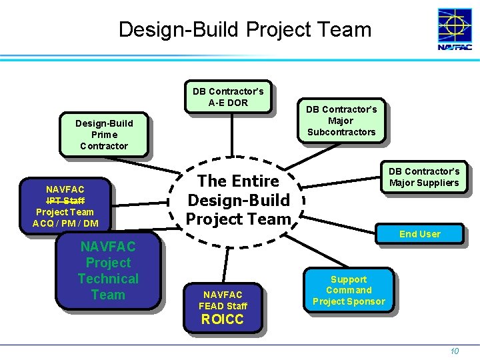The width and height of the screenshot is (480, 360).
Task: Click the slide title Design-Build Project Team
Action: coord(245,29)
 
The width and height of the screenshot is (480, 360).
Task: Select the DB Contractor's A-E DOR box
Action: coord(227,97)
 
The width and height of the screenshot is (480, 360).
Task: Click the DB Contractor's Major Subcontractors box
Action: coord(341,121)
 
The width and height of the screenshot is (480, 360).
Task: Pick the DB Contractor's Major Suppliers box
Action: coord(424,177)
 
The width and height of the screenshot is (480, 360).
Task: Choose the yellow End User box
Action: coord(419,234)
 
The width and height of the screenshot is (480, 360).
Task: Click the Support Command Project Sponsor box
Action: coord(349,291)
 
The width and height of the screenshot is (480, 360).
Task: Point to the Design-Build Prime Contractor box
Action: coord(103,135)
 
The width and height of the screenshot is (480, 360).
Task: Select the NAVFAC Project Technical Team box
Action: coord(108,271)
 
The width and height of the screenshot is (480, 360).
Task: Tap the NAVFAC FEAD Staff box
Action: coord(223,301)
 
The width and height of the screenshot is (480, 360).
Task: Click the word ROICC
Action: coord(223,319)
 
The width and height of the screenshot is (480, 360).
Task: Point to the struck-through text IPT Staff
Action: coord(65,201)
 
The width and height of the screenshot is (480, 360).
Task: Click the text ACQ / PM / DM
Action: coord(65,223)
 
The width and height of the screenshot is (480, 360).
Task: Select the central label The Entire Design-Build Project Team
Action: coord(238,200)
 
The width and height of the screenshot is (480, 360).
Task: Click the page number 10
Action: coord(454,351)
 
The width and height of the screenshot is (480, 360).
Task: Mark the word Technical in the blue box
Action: coord(108,279)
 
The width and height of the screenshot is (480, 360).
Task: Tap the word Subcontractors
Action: coord(341,132)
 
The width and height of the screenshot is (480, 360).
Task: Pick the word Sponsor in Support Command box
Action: coord(367,301)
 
